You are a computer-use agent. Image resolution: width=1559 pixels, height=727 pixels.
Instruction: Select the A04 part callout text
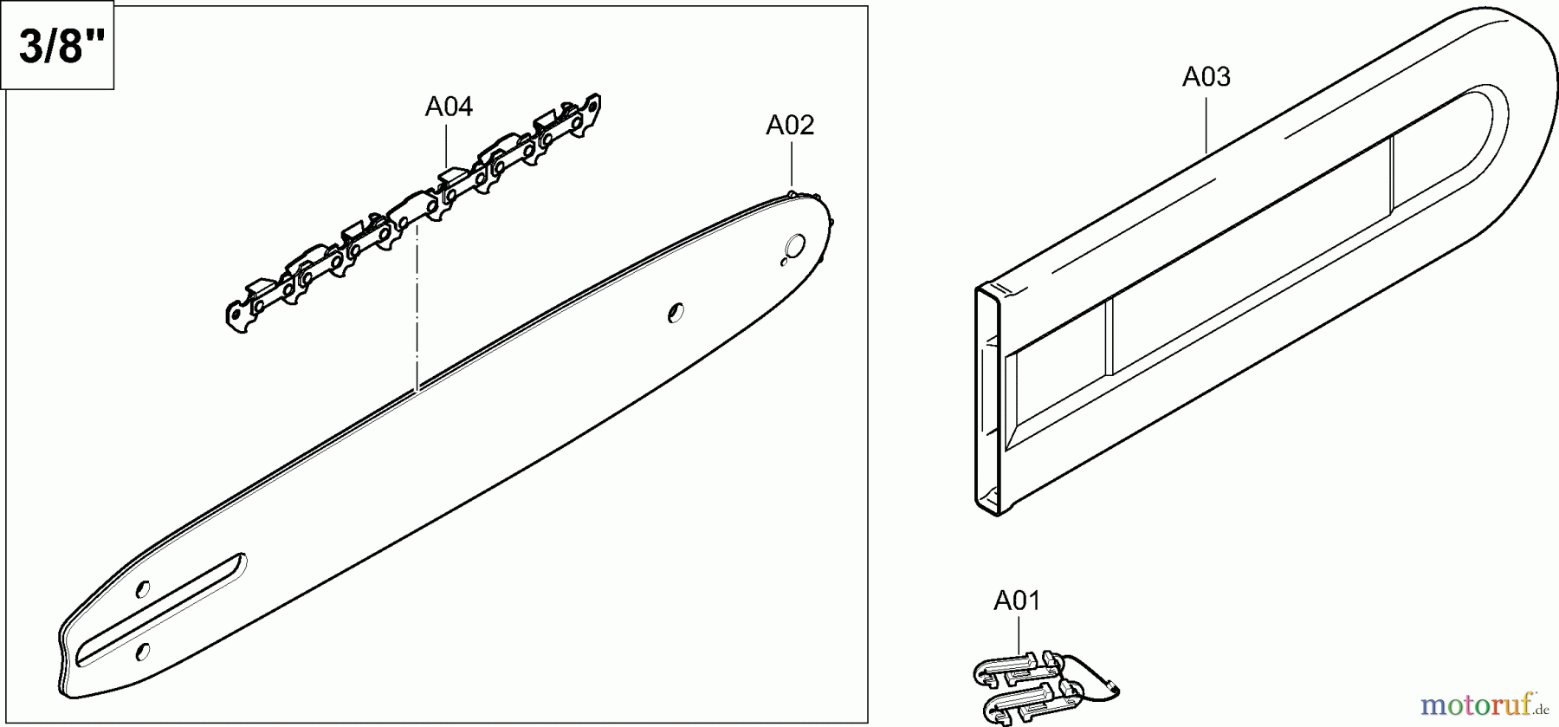click(x=449, y=107)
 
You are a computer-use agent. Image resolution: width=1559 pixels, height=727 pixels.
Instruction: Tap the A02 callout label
click(x=790, y=126)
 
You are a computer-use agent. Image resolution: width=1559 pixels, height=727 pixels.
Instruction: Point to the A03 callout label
click(x=1206, y=78)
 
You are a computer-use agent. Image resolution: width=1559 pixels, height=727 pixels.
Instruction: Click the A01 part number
click(x=1017, y=600)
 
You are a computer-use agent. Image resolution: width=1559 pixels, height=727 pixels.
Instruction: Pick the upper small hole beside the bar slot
click(x=143, y=589)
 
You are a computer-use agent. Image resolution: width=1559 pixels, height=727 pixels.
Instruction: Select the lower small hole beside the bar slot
click(x=143, y=651)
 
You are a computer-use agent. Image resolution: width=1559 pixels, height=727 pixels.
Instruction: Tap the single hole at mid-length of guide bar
click(x=676, y=312)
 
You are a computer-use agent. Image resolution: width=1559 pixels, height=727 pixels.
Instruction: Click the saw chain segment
click(x=416, y=212)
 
